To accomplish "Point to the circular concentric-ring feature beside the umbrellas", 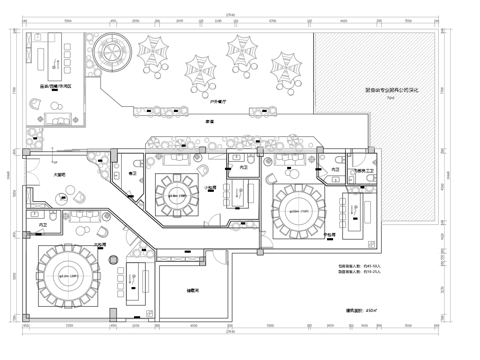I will click(106, 47).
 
